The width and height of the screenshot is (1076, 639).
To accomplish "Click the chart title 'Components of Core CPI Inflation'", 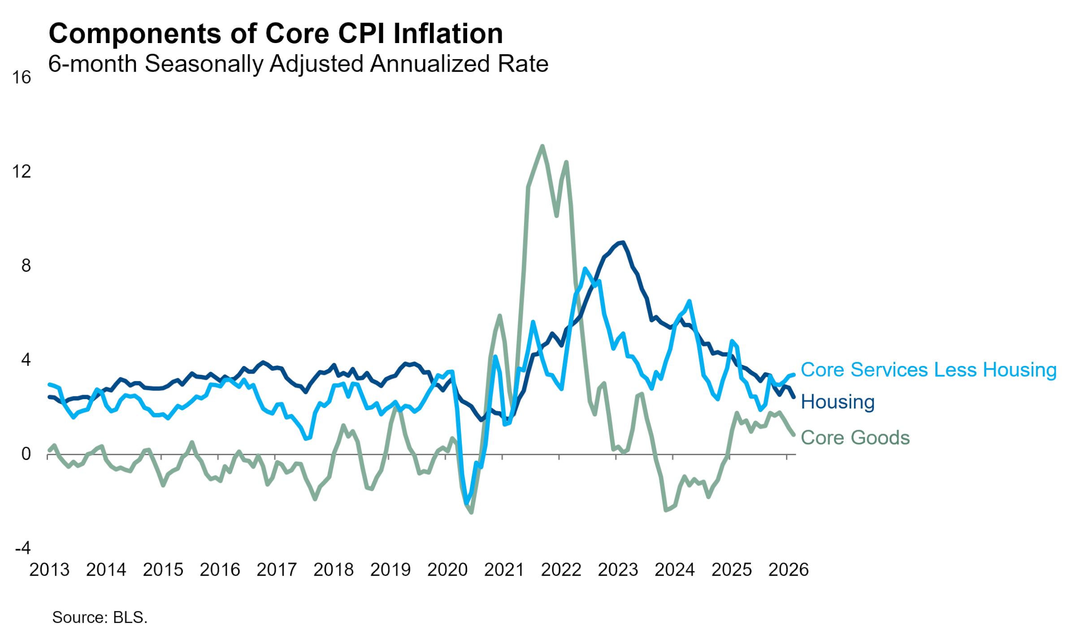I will (x=276, y=34).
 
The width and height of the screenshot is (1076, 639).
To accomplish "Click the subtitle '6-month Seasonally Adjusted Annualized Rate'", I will (x=298, y=64).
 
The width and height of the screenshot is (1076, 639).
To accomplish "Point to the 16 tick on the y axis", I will (x=21, y=78).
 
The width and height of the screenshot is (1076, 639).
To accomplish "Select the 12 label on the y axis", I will (x=21, y=172).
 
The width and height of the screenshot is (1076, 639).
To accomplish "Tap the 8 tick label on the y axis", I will (x=26, y=266).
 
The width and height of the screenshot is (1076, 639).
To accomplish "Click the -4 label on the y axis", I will (x=23, y=548).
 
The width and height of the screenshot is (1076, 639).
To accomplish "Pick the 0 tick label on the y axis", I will (x=26, y=454).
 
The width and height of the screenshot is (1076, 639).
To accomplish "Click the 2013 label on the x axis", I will (x=49, y=570).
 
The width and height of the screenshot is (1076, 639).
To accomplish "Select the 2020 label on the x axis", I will (x=447, y=570).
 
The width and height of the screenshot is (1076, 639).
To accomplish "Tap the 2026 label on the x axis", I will (x=789, y=570).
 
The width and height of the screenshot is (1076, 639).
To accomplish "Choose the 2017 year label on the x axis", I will (x=277, y=570).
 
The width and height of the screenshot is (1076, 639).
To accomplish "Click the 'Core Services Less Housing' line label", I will (x=928, y=370).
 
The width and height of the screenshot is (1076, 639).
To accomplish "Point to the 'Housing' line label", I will (x=837, y=402).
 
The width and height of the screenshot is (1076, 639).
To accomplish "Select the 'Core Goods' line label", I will (x=855, y=438).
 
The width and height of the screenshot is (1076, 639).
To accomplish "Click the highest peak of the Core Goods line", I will (x=542, y=146).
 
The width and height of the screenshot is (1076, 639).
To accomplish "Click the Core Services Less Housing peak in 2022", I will (x=585, y=269).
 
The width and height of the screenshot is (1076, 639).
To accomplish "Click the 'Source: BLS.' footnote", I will (x=100, y=617).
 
